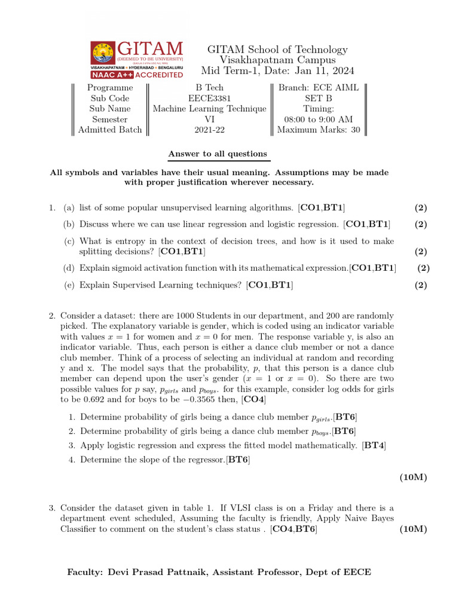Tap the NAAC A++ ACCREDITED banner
[x=137, y=75]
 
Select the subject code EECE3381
[x=209, y=98]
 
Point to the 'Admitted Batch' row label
[x=110, y=130]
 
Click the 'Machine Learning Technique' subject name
[x=209, y=109]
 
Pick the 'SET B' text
[x=319, y=98]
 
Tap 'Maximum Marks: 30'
[x=319, y=130]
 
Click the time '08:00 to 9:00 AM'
[x=319, y=119]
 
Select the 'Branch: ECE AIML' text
[x=319, y=87]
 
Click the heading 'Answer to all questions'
[x=218, y=154]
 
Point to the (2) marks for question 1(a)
[x=421, y=207]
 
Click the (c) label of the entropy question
[x=69, y=241]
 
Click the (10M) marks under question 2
[x=413, y=477]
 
